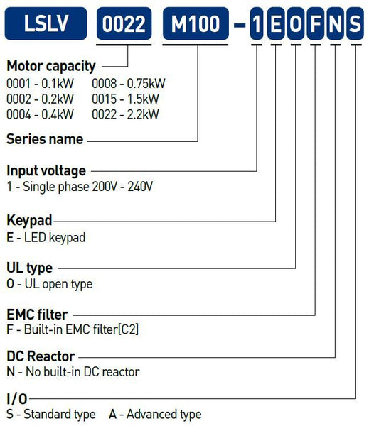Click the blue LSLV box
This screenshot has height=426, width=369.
point(46,23)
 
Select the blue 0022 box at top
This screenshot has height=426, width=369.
point(124,23)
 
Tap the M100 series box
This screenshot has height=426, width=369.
point(196,23)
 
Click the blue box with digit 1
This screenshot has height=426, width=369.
point(257,23)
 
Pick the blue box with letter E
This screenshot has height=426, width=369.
point(276,23)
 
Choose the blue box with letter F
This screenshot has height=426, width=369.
point(316,23)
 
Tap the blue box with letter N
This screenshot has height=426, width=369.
point(336,23)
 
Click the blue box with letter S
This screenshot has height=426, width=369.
point(355,23)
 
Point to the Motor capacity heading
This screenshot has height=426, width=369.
point(51,67)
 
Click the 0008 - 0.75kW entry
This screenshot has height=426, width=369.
point(129,83)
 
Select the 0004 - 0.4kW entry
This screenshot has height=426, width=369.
point(40,114)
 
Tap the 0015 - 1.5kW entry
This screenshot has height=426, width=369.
point(125,99)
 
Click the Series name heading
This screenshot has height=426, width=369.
point(45,139)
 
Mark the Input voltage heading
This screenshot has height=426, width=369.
point(46,171)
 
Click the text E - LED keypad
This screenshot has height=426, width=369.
point(46,238)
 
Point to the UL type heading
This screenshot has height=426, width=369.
point(30,268)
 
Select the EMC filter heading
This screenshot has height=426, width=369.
point(37,315)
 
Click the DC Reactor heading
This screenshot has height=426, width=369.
point(41,356)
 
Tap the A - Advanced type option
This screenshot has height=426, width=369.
point(155,415)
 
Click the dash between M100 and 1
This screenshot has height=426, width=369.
point(240,26)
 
